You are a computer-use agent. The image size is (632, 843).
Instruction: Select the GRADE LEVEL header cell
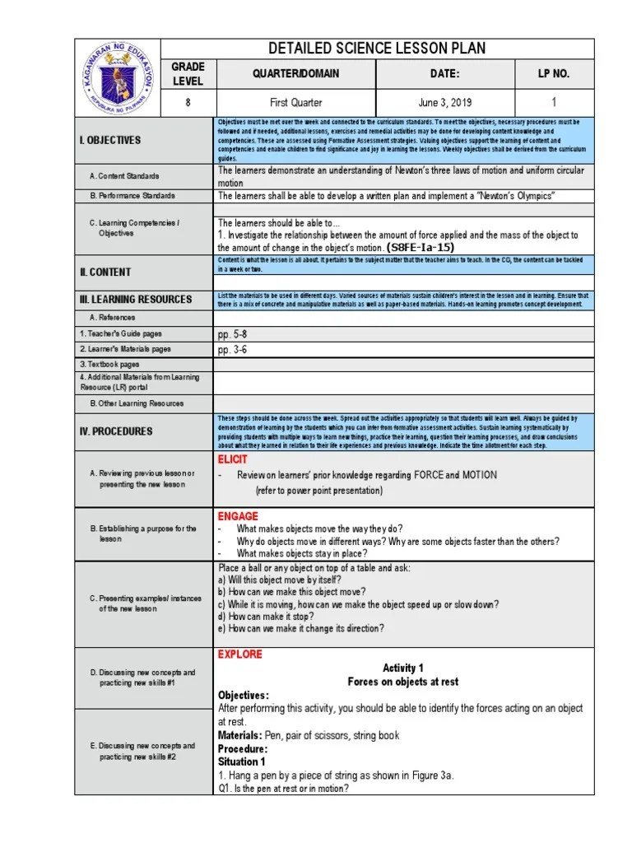coord(188,73)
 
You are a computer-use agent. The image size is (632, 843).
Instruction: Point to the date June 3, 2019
coord(444,103)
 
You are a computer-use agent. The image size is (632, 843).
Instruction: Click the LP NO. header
coord(554,73)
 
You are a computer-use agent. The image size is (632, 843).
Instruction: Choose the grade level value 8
coord(188,103)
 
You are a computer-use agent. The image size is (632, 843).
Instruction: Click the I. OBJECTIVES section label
coord(111,140)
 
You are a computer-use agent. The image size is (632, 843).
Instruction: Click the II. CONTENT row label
coord(105,272)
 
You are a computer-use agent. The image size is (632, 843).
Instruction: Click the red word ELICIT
coord(232,459)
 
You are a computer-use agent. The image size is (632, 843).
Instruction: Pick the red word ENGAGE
coord(237,516)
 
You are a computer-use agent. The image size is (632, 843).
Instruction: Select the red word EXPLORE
coord(239,654)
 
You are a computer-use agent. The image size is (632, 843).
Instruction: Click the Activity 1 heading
coord(403,668)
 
